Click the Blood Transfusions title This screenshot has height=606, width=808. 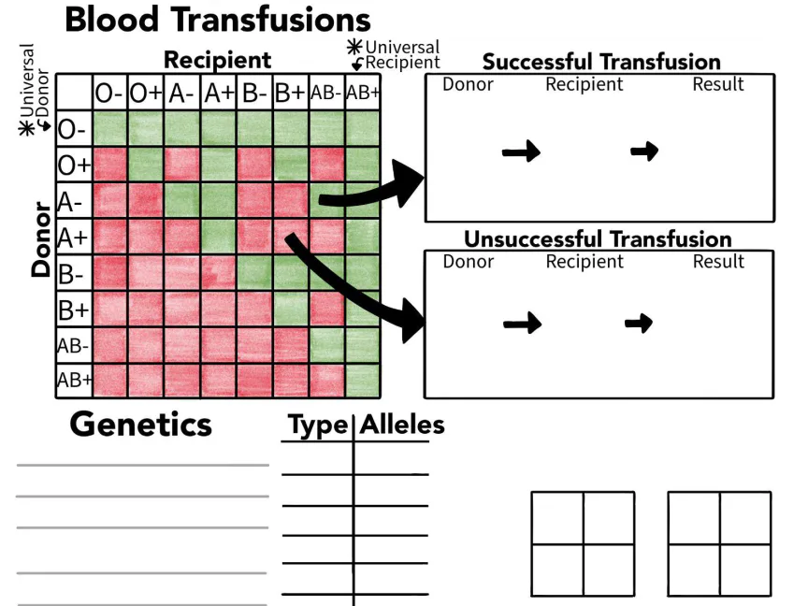tap(217, 20)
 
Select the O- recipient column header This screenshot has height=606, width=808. tap(108, 93)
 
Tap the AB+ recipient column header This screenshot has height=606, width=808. tap(363, 93)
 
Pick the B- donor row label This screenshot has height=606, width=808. tap(72, 274)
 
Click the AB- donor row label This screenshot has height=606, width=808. tap(73, 345)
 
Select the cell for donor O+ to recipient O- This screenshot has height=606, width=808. tap(109, 165)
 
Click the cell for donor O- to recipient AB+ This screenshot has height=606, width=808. tap(363, 128)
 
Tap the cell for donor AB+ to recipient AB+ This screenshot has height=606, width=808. tap(363, 381)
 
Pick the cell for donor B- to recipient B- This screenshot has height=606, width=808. tap(254, 273)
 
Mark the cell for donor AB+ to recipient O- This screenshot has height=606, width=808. tap(109, 381)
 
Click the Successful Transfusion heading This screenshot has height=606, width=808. tap(601, 62)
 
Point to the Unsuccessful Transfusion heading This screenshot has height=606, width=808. tap(598, 238)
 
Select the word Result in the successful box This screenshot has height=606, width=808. tap(718, 84)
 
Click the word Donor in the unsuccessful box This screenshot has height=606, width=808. tap(468, 261)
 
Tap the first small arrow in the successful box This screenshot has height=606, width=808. tap(521, 151)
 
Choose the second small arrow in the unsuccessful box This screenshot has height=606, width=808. tap(639, 324)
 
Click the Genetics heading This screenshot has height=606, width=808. tap(140, 425)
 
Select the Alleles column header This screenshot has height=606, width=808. tap(402, 426)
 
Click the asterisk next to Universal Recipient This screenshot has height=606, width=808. tap(354, 47)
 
